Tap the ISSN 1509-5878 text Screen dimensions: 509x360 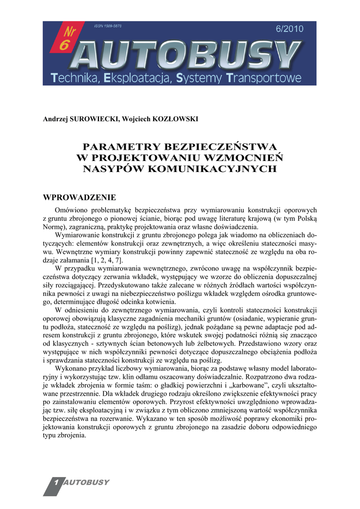tap(107, 25)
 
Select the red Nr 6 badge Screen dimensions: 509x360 tap(64, 39)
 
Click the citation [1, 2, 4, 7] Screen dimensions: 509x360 tap(106, 261)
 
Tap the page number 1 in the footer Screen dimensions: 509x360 tap(56, 483)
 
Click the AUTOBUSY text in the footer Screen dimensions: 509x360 tap(88, 483)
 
